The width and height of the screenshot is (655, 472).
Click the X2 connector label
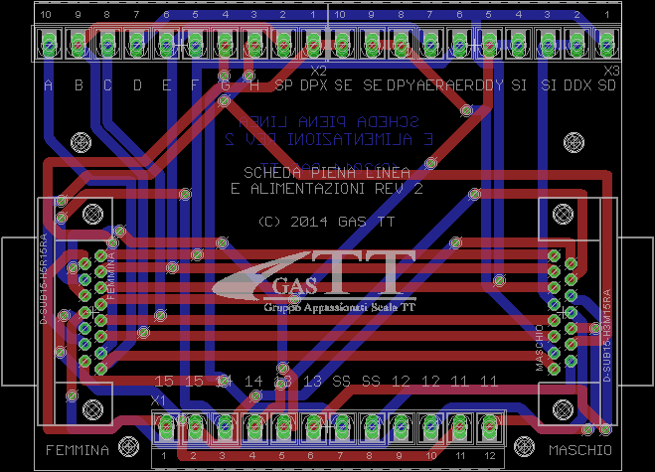(x=318, y=71)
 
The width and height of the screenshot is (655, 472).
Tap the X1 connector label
(x=158, y=398)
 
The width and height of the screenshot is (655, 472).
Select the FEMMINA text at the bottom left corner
(x=77, y=450)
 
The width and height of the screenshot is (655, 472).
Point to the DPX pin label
(x=314, y=86)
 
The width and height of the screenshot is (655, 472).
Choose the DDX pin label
(x=577, y=86)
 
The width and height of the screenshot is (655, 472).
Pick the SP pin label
(x=284, y=86)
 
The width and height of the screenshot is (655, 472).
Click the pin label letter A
(x=49, y=86)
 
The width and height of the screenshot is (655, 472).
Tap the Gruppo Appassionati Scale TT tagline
(x=340, y=308)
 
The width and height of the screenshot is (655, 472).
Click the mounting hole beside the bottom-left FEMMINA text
(x=127, y=444)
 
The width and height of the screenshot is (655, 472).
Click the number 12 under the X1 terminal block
(x=488, y=456)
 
